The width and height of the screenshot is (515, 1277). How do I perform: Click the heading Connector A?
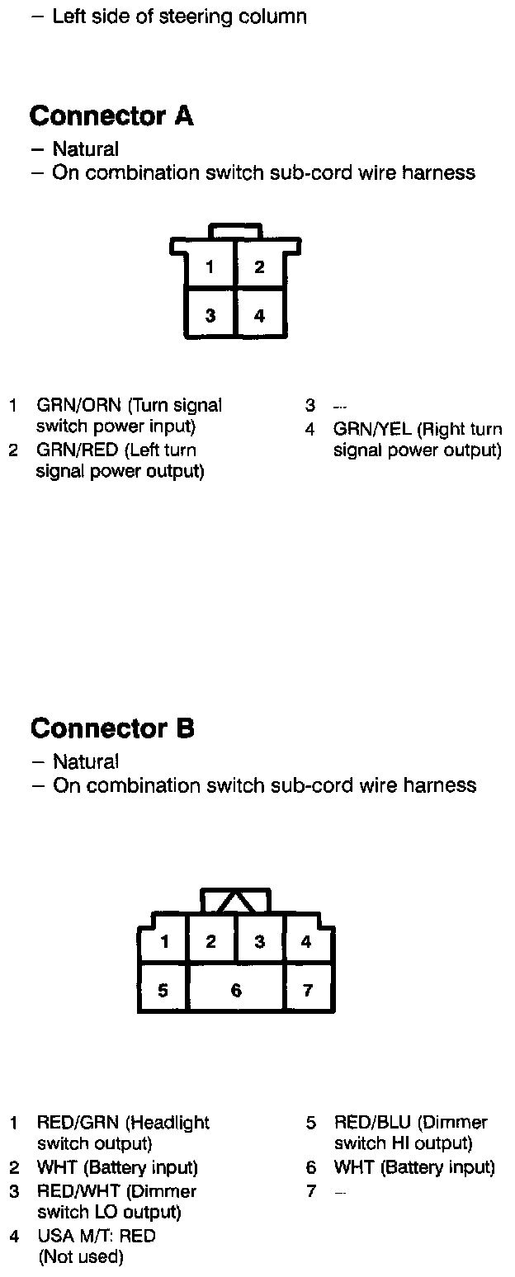[x=111, y=116]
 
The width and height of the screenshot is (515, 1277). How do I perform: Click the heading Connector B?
[x=112, y=728]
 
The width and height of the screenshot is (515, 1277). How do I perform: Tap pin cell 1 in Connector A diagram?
[x=210, y=266]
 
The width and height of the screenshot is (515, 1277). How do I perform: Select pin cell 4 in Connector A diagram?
[x=260, y=315]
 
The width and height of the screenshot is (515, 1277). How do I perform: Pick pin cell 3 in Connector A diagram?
[x=210, y=315]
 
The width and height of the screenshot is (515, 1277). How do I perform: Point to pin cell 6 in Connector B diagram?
[x=236, y=990]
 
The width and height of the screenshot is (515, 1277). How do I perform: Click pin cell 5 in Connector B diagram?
[x=163, y=990]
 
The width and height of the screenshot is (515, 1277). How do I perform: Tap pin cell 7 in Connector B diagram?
[x=308, y=990]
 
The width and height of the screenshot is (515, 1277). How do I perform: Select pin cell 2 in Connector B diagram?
[x=211, y=941]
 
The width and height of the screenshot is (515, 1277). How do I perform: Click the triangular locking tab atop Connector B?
[x=235, y=902]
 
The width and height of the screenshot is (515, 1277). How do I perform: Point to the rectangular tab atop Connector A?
[x=235, y=230]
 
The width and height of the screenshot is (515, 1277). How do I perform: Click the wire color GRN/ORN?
[x=78, y=405]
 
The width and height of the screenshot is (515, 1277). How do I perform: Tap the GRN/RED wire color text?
[x=78, y=450]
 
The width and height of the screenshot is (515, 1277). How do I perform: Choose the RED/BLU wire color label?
[x=372, y=1123]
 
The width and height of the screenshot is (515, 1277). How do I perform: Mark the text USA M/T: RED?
[x=97, y=1236]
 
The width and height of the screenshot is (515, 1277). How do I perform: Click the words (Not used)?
[x=81, y=1257]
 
